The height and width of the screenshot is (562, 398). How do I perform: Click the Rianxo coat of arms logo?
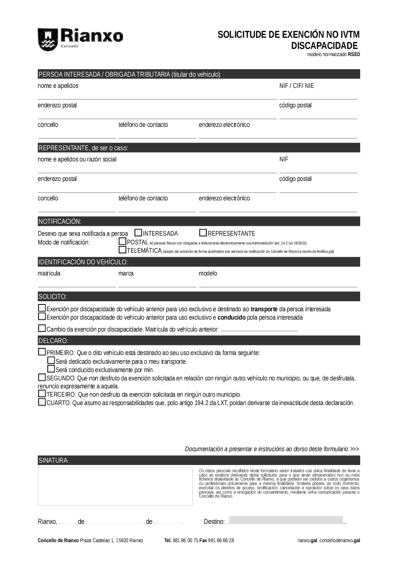point(47,39)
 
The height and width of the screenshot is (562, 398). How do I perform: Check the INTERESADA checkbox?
point(139,233)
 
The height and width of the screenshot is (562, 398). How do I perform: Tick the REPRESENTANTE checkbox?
point(203,233)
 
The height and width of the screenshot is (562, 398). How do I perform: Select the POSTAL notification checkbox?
point(123,241)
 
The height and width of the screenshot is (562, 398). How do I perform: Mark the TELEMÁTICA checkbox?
point(123,250)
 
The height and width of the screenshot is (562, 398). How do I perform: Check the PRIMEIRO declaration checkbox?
point(42,352)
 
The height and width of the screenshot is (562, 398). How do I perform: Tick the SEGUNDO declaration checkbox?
point(42,377)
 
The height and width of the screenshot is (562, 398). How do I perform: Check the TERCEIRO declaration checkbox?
point(42,394)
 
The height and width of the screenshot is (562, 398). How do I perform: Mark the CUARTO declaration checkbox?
point(42,402)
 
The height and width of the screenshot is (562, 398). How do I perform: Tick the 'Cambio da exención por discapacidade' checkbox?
point(42,329)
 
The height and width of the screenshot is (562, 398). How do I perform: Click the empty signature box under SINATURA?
point(115,486)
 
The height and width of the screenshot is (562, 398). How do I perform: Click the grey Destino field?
point(286,520)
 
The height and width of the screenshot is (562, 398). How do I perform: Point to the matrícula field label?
point(49,273)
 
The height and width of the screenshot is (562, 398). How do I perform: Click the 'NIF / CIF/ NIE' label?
point(297,86)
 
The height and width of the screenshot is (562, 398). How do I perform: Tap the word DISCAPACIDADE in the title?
point(324,46)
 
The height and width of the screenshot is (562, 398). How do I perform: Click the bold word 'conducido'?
point(232,318)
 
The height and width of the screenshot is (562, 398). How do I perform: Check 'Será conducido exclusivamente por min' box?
point(51,369)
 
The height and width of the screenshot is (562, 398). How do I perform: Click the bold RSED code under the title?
point(354,54)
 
